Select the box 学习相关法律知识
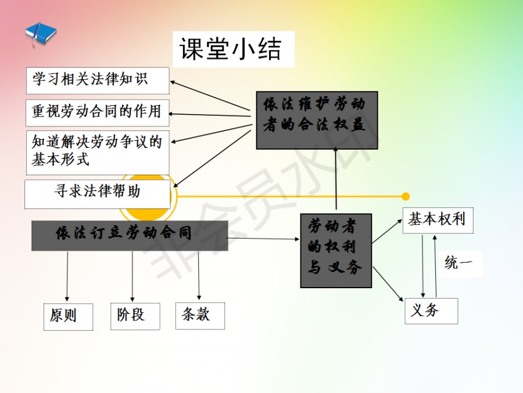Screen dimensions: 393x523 tap(98, 80)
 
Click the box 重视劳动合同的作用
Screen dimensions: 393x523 tap(98, 112)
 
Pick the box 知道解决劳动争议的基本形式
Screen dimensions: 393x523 tap(98, 152)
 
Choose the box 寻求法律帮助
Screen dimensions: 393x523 tap(98, 194)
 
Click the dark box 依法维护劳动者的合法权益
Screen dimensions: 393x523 tap(317, 119)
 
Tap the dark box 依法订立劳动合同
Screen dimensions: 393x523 tap(129, 235)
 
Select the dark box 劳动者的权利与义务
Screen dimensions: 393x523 tap(336, 251)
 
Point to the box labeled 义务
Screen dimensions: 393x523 tap(431, 311)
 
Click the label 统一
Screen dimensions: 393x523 tap(459, 263)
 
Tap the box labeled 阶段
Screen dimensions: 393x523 tap(135, 316)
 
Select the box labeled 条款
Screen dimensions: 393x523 tap(200, 316)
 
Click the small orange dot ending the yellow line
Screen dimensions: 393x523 tap(406, 196)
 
